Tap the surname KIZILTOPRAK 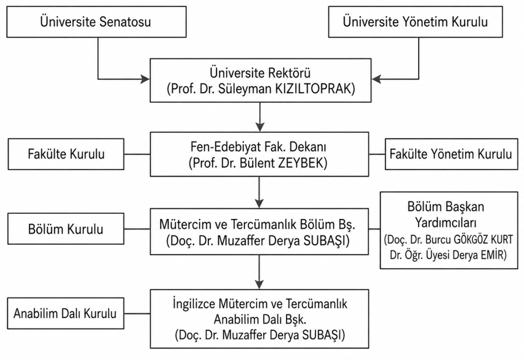pos(315,89)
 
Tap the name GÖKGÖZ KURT pos(483,239)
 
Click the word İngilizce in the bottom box pos(194,304)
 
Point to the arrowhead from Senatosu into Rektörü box pos(145,79)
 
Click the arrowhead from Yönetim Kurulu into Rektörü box pos(376,79)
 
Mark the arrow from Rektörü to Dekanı pos(260,117)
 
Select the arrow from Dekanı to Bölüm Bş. pos(259,192)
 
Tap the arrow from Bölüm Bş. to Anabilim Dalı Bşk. pos(259,272)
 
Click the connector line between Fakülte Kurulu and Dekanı pos(137,154)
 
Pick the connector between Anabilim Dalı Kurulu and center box pos(137,313)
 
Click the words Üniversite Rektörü pos(260,73)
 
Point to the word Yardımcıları pos(446,223)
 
